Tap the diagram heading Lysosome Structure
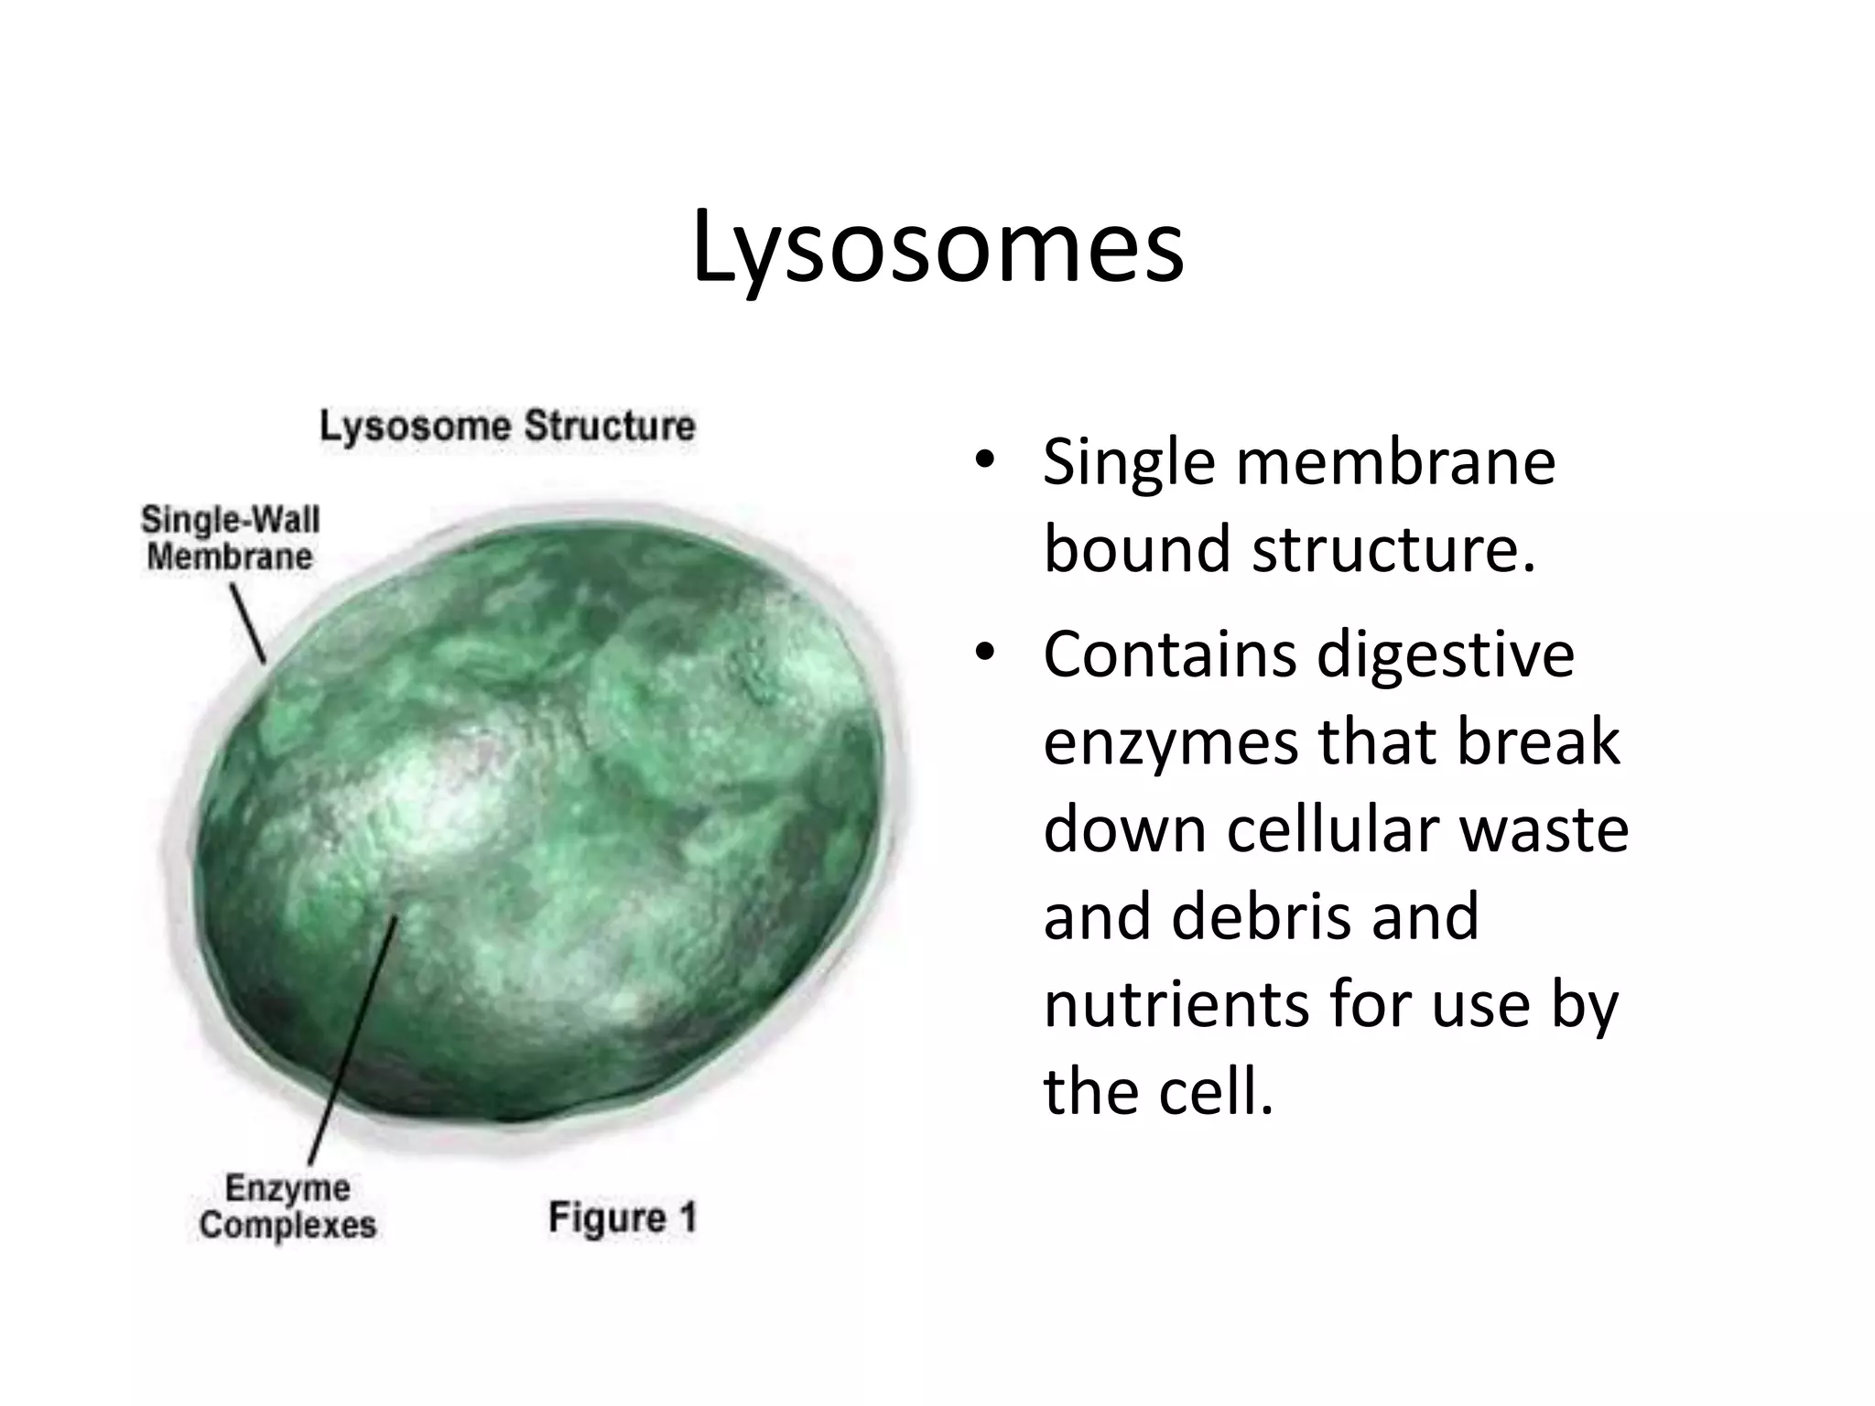pyautogui.click(x=507, y=427)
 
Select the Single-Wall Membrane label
pyautogui.click(x=230, y=538)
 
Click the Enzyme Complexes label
pyautogui.click(x=287, y=1207)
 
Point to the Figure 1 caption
pyautogui.click(x=623, y=1218)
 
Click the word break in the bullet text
pyautogui.click(x=1538, y=742)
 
